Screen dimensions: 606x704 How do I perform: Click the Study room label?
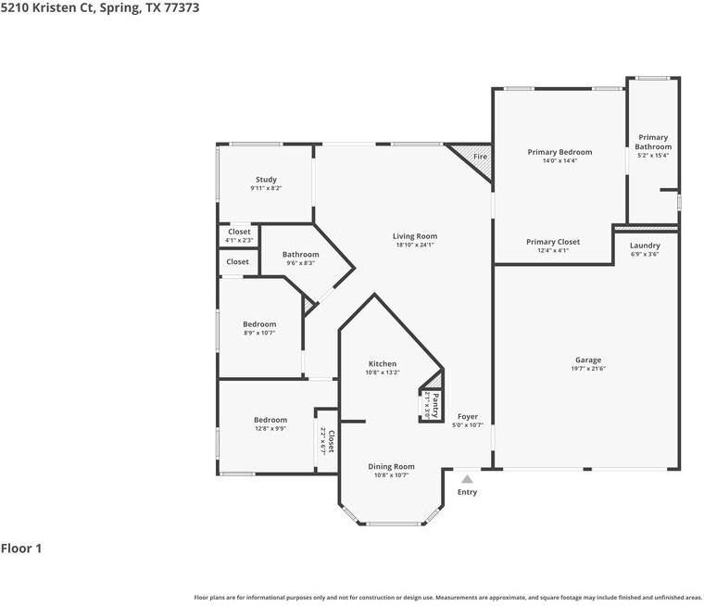266,180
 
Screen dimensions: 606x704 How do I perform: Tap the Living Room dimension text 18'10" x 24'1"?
414,246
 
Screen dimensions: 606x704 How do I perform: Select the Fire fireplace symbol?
480,157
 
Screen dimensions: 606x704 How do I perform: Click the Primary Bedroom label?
559,152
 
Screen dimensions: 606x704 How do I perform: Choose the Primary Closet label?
553,242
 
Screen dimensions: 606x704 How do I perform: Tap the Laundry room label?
645,246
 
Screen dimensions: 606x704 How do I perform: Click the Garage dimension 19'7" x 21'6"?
588,369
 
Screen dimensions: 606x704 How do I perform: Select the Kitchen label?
383,364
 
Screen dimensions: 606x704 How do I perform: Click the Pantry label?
434,404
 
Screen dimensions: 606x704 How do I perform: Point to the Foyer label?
468,417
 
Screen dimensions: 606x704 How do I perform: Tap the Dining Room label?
392,467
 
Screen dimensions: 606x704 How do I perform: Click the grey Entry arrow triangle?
468,479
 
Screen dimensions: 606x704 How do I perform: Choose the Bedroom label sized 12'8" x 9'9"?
270,420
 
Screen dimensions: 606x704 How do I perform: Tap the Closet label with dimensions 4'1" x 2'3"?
239,232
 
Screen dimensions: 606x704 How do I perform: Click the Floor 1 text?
21,549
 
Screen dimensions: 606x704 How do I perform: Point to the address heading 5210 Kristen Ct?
99,7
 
